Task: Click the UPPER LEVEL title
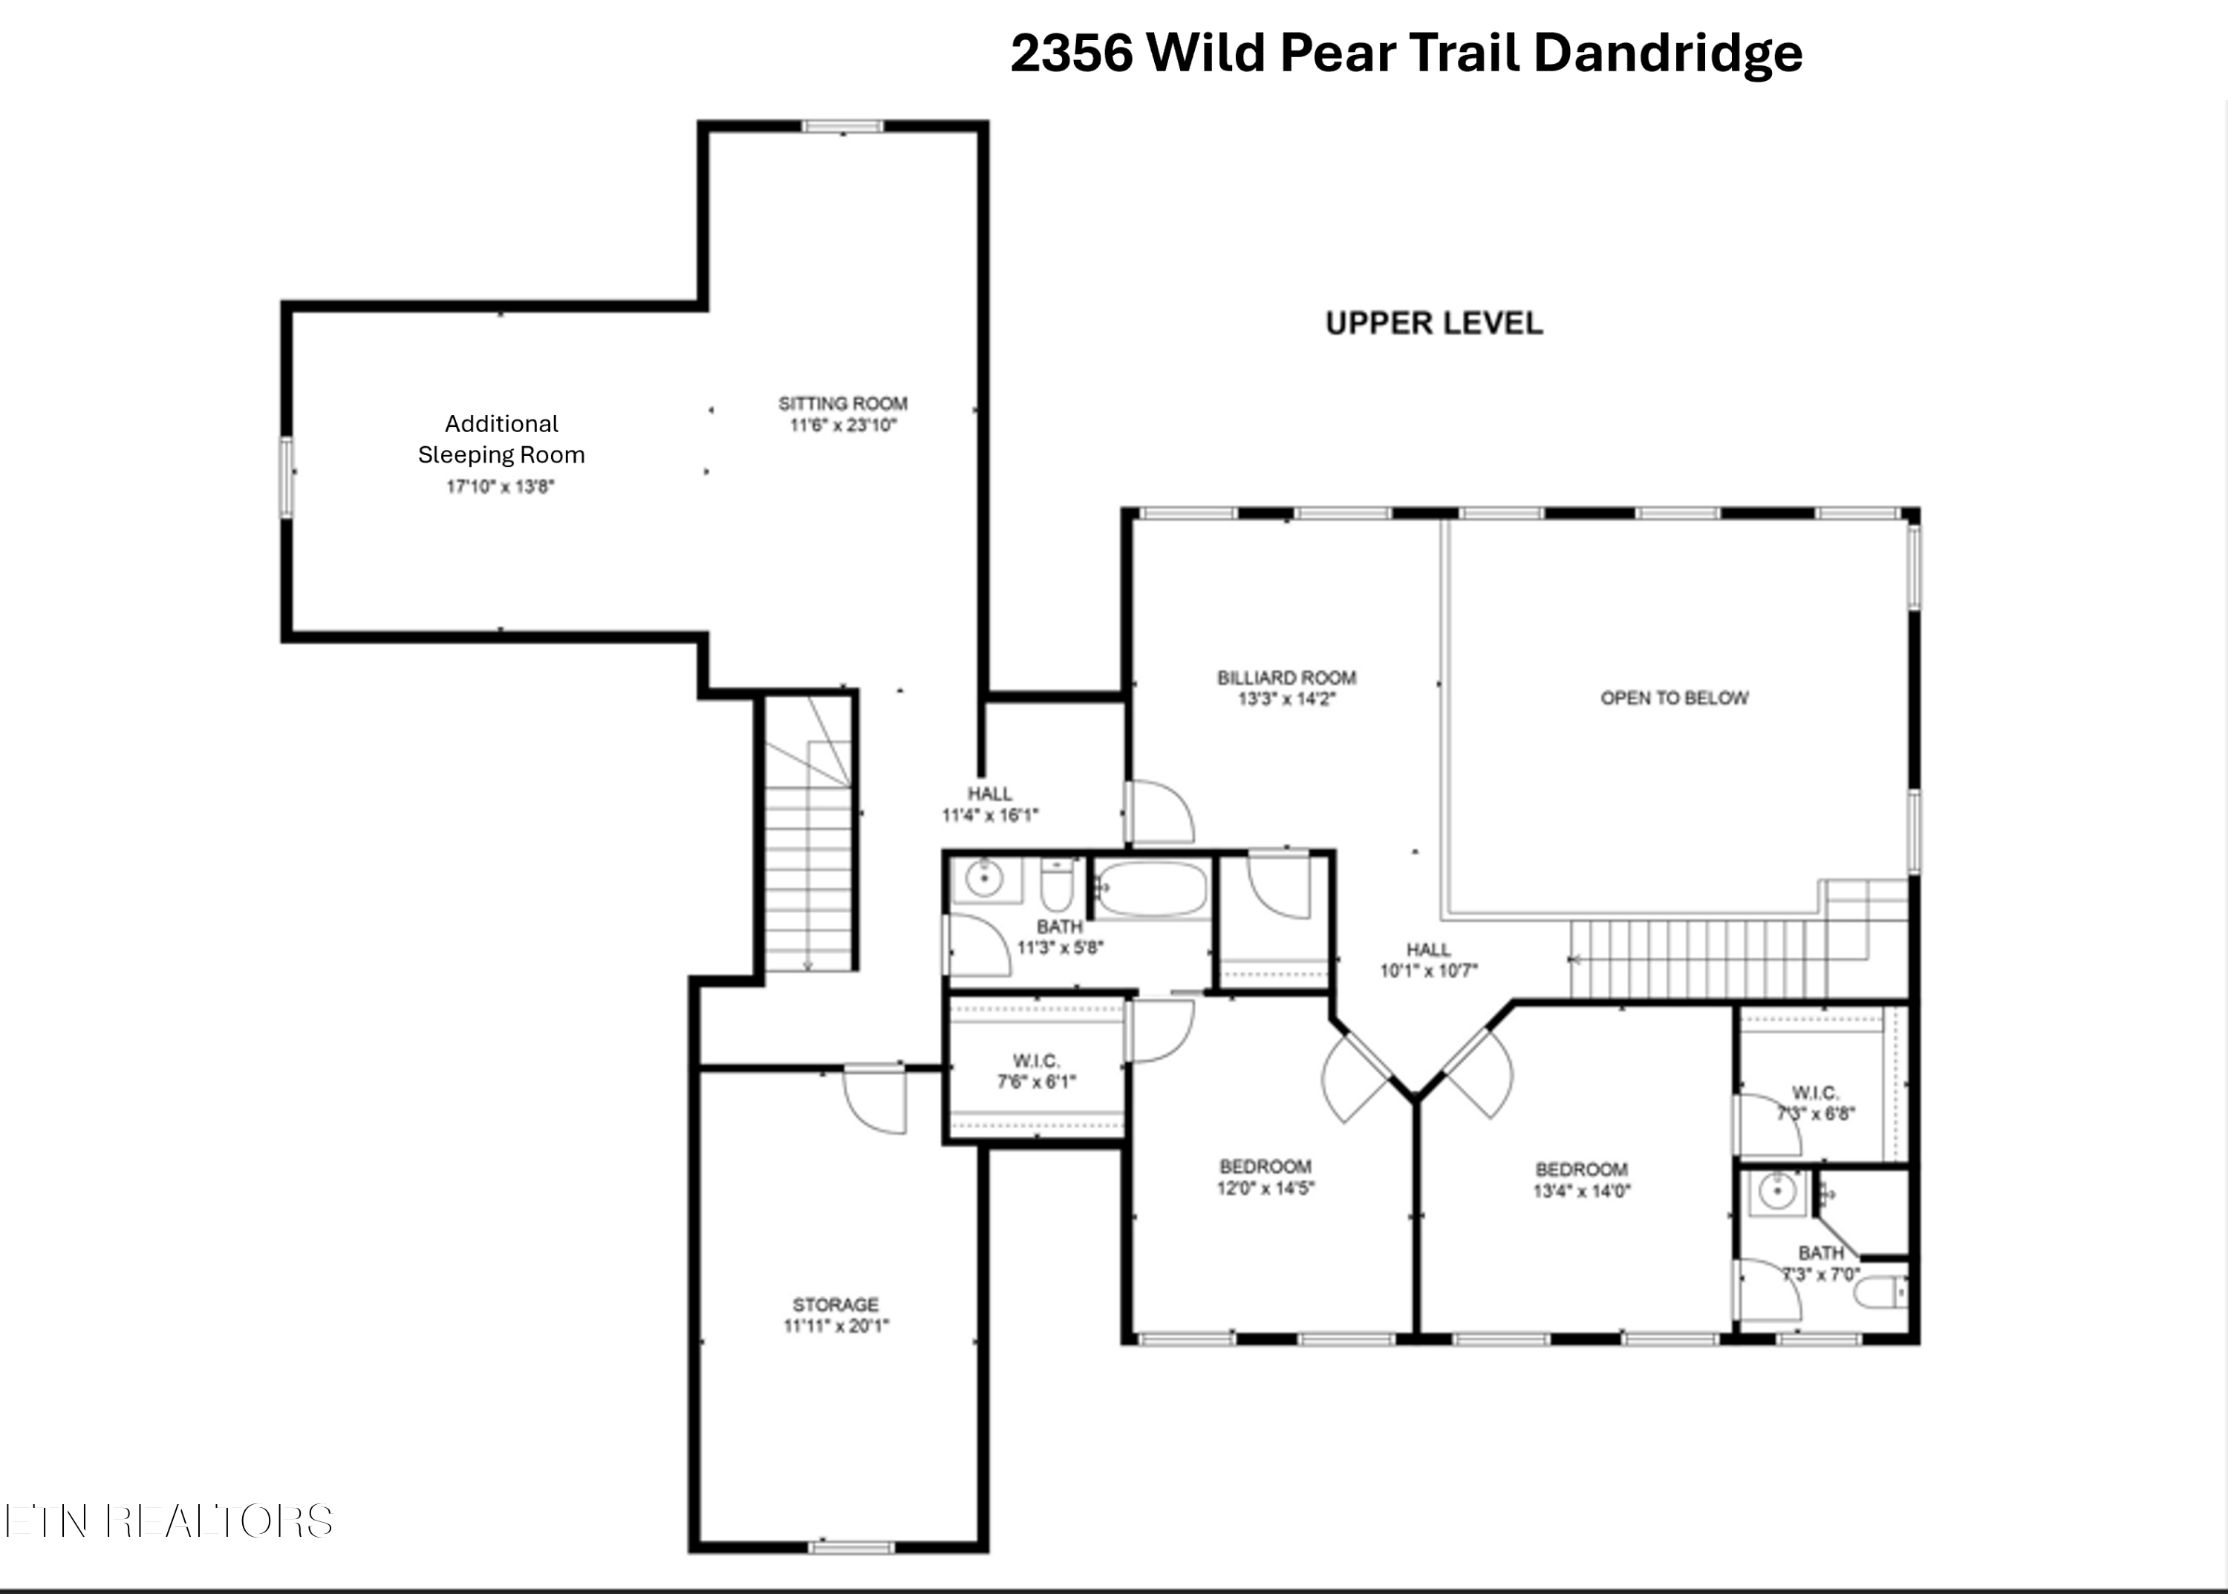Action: coord(1433,323)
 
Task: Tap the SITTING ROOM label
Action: coord(842,403)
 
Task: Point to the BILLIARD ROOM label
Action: coord(1286,677)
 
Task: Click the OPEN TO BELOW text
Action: coord(1674,698)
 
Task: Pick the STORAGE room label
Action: coord(835,1304)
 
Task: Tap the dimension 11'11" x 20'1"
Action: coord(835,1326)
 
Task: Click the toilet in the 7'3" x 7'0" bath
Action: coord(1880,1293)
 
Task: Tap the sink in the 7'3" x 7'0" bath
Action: coord(1777,1192)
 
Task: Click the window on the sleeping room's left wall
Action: coord(287,477)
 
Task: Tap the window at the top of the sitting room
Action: coord(842,125)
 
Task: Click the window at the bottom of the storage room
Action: coord(851,1548)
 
